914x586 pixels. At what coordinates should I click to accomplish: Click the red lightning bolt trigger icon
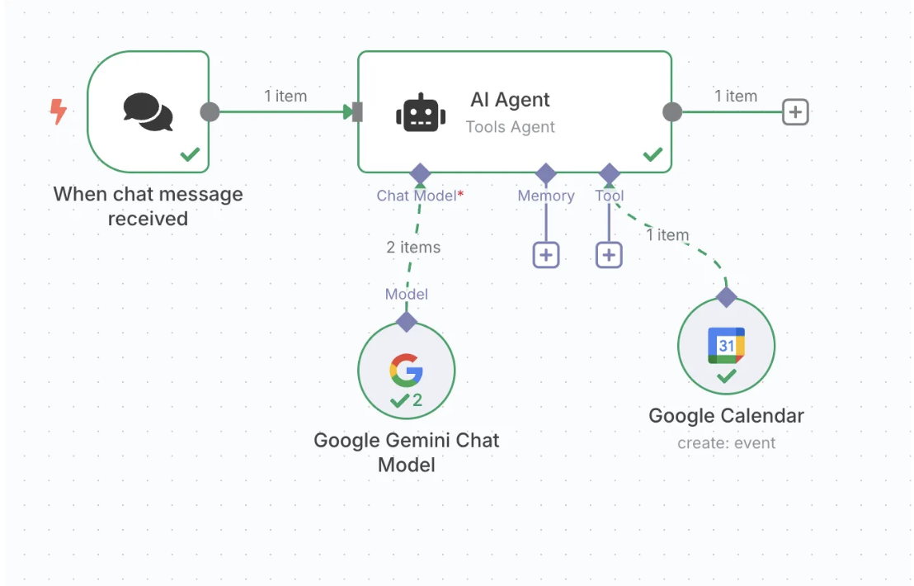[x=58, y=111]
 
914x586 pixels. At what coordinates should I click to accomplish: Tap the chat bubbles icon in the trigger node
[x=148, y=112]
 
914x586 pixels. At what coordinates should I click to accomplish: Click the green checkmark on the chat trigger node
[x=190, y=154]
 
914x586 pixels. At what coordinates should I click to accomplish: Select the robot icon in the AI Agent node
[x=421, y=112]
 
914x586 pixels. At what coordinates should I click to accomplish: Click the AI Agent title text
[x=510, y=100]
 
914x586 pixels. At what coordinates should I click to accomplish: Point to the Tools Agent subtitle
[x=510, y=127]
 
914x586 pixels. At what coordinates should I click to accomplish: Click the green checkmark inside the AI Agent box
[x=653, y=154]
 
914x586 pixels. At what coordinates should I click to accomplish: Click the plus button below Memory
[x=546, y=255]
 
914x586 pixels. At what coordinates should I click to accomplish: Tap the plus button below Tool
[x=609, y=255]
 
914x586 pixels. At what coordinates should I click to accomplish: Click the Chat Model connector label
[x=420, y=196]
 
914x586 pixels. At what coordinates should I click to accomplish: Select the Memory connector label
[x=546, y=196]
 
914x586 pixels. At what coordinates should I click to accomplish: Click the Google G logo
[x=407, y=371]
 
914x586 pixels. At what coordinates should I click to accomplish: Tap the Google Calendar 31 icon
[x=726, y=345]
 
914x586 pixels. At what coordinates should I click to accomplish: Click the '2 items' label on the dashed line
[x=413, y=248]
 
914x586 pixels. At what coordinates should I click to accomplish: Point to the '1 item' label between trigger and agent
[x=285, y=97]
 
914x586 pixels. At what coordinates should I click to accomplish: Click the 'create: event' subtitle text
[x=726, y=443]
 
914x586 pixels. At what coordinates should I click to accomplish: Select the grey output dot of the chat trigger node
[x=210, y=112]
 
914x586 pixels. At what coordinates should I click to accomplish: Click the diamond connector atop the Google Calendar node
[x=726, y=297]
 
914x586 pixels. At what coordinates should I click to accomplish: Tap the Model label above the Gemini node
[x=407, y=294]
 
